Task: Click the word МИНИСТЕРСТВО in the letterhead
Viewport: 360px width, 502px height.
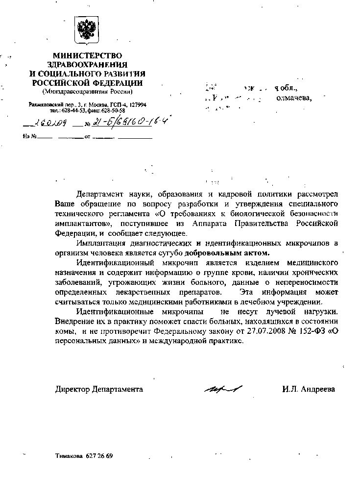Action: coord(87,56)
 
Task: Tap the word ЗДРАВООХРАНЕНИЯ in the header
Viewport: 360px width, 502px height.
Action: coord(87,65)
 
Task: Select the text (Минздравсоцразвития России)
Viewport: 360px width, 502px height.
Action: coord(87,92)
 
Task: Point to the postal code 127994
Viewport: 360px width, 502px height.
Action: coord(136,105)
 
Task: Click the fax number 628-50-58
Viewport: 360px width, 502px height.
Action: coord(114,111)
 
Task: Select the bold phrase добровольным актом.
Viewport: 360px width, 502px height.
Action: coord(228,253)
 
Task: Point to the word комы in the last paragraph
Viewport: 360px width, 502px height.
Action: coord(64,332)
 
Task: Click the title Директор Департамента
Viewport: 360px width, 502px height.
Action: coord(99,389)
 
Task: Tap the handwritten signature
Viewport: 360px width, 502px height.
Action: coord(220,388)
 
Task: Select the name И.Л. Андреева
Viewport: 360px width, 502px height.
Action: coord(308,389)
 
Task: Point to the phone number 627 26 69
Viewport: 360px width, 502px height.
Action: coord(99,456)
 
